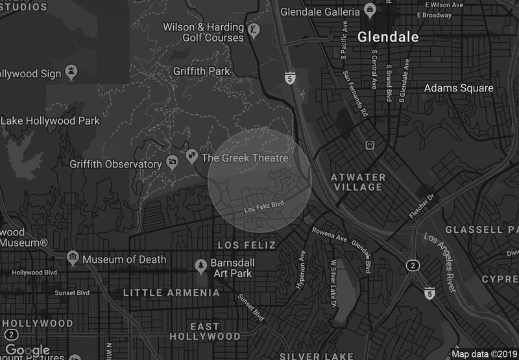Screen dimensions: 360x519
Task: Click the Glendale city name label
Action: point(388,37)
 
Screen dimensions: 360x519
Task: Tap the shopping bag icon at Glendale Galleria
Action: point(369,10)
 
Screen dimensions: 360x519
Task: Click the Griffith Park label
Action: point(202,71)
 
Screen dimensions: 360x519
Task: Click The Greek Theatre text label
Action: point(245,158)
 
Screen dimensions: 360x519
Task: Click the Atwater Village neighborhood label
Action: point(357,182)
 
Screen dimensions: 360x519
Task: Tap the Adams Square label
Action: point(459,88)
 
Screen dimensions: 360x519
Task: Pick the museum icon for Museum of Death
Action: point(73,259)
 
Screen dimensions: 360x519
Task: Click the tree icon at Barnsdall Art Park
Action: point(202,265)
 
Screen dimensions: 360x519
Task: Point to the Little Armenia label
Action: point(171,293)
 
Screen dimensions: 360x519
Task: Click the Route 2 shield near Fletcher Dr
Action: point(412,265)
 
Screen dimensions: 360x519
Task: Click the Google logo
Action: point(27,351)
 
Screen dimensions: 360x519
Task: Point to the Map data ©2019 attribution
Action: point(483,354)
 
